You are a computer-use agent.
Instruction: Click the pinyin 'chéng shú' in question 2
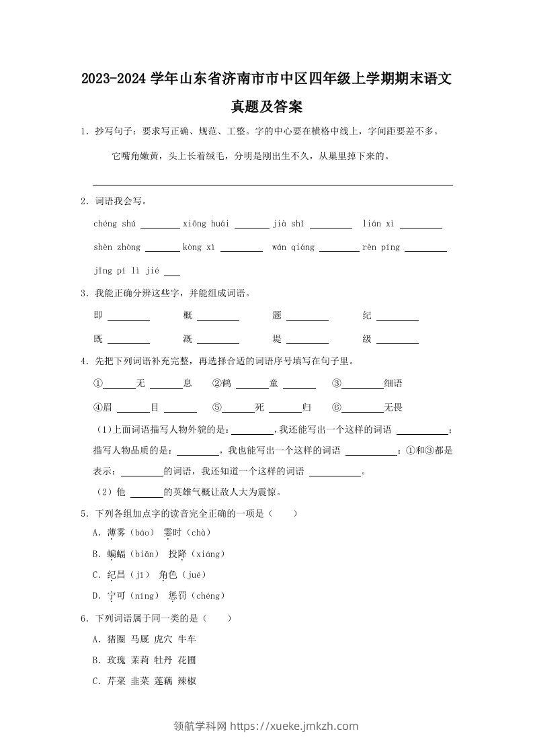115,224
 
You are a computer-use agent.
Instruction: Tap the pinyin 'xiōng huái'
206,224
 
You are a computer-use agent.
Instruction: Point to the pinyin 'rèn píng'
381,247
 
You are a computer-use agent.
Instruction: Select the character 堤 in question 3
277,339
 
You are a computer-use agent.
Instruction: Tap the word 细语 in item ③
393,384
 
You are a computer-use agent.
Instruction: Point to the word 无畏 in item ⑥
393,407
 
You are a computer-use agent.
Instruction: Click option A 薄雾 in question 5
116,533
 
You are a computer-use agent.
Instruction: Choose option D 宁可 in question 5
116,596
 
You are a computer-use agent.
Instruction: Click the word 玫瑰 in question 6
116,660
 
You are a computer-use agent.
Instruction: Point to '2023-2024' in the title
113,79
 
